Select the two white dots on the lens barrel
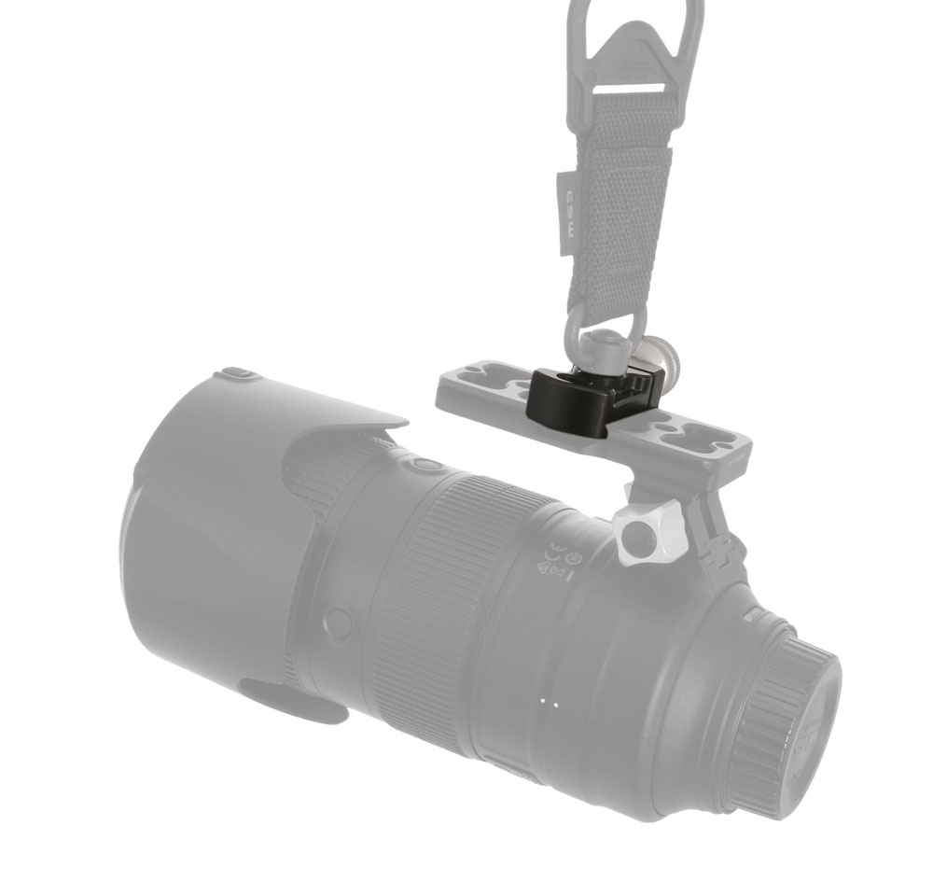[x=549, y=705]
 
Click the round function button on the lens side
[x=338, y=623]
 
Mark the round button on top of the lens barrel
[x=427, y=464]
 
